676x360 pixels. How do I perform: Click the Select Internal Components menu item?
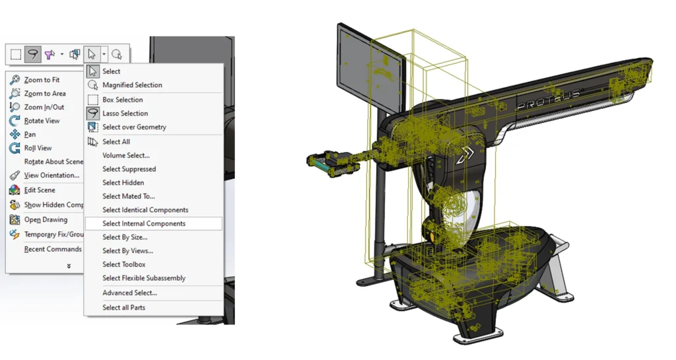(x=144, y=223)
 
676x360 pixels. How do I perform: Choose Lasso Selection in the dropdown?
(x=125, y=114)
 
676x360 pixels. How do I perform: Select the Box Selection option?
(x=122, y=100)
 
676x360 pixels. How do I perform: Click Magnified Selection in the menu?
(x=132, y=85)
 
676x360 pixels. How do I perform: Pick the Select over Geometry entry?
(x=134, y=127)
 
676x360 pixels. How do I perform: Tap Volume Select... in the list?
(x=125, y=155)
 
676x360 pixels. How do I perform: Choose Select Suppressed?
(x=129, y=169)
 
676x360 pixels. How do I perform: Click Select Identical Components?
(x=145, y=210)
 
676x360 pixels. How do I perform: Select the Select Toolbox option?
(x=123, y=264)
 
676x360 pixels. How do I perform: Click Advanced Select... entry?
(x=129, y=293)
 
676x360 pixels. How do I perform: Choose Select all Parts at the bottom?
(x=123, y=307)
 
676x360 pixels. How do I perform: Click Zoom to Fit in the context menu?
(x=42, y=80)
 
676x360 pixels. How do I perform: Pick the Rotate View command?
(x=42, y=121)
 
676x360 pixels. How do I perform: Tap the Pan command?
(x=30, y=135)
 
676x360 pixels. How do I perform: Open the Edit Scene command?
(x=40, y=190)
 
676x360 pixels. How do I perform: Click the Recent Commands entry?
(x=53, y=249)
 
